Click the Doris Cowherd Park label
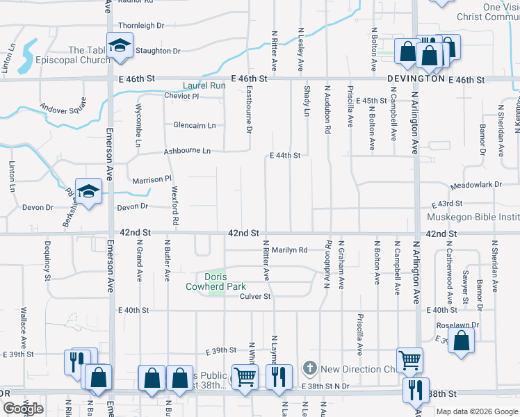pos(216,281)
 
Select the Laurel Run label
pos(204,85)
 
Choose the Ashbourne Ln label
pos(187,151)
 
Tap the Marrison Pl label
pos(152,179)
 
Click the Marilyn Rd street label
pos(289,250)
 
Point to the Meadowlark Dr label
pos(476,185)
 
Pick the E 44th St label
pos(285,156)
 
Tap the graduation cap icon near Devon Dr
pos(89,191)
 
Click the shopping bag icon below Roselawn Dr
pos(461,341)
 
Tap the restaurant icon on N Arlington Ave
pos(416,389)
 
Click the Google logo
pos(22,408)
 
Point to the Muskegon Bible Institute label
pos(473,218)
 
